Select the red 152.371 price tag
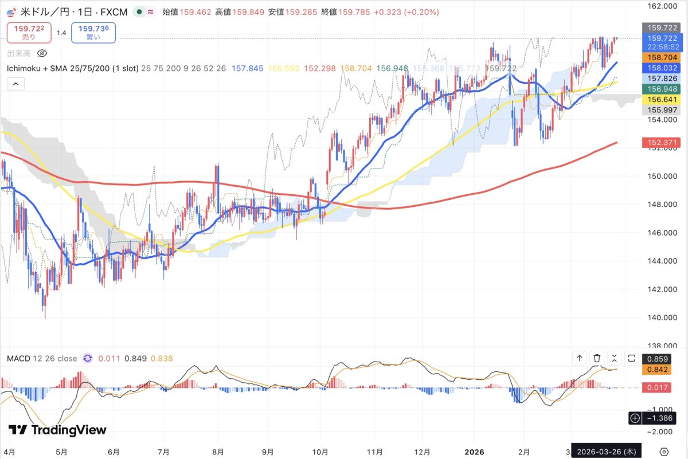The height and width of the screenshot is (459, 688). click(663, 142)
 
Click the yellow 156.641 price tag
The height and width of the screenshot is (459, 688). click(663, 99)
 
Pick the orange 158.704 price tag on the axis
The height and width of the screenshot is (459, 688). click(663, 58)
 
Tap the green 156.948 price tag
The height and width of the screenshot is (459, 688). click(663, 89)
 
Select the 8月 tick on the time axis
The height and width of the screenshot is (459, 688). click(217, 450)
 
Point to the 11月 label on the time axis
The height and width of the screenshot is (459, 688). click(374, 450)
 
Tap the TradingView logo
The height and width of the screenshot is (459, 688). click(57, 430)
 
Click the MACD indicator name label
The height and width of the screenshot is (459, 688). click(41, 359)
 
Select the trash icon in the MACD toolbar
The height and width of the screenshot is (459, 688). click(597, 359)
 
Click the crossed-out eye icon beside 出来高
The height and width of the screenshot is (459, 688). click(41, 53)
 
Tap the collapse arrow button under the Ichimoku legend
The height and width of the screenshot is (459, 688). click(15, 84)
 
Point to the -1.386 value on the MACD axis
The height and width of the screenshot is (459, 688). click(660, 418)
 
